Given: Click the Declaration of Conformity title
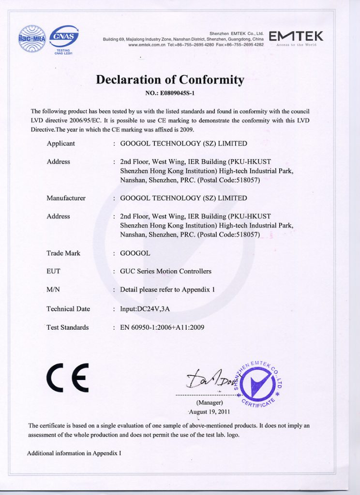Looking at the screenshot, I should tap(170, 79).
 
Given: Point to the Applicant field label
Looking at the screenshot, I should tap(60, 144).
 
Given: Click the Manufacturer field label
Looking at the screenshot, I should tap(66, 198).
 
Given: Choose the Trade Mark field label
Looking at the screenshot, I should tap(63, 253).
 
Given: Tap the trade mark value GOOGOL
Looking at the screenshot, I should tap(135, 253).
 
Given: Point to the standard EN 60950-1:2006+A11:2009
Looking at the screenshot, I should tap(162, 327).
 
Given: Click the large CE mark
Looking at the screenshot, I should tap(68, 377).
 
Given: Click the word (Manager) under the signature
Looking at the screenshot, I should tap(210, 403).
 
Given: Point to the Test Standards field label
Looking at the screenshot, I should tap(67, 327).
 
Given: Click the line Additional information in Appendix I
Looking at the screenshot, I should tap(74, 453).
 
